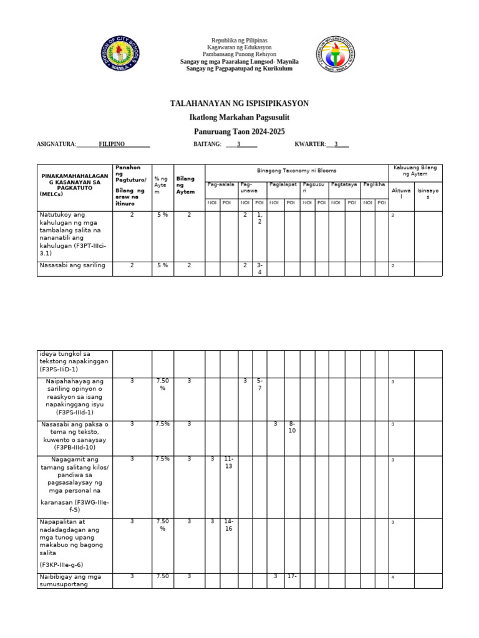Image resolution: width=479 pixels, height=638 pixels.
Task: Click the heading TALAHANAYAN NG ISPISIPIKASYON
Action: tap(239, 103)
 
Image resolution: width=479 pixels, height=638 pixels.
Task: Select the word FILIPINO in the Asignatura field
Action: tap(112, 144)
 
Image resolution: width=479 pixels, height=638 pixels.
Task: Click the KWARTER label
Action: tap(310, 144)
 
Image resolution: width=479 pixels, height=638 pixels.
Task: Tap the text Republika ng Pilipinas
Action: tap(239, 39)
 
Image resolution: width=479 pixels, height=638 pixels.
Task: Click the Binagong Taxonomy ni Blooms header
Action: tap(296, 170)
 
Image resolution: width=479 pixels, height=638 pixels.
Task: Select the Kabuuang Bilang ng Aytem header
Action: tap(415, 171)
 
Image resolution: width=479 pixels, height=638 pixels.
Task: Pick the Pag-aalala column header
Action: tap(221, 184)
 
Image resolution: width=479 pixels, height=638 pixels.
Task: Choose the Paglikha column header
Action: tap(374, 184)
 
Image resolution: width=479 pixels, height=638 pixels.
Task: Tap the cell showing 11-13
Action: tap(228, 462)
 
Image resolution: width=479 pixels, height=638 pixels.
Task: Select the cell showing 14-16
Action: tap(228, 525)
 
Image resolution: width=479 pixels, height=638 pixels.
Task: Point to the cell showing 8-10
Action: tap(291, 427)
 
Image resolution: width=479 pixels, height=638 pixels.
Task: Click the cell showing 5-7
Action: tap(259, 384)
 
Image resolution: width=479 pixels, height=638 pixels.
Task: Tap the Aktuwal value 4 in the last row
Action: tap(393, 578)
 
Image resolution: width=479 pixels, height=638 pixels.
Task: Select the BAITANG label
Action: tap(208, 144)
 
